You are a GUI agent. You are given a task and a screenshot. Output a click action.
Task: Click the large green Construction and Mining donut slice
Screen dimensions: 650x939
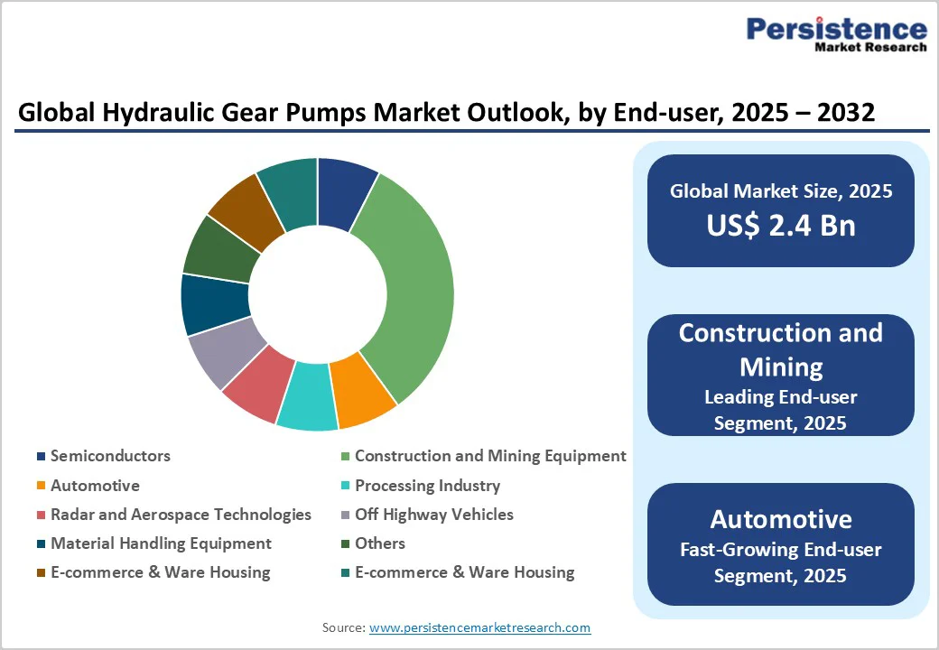coord(411,289)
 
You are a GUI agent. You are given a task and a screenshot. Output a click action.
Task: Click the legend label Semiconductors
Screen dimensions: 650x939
coord(110,456)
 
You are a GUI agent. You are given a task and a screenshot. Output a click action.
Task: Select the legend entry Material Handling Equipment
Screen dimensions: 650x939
coord(161,543)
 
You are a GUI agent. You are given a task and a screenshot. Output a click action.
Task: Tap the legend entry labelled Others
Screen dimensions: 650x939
coord(380,543)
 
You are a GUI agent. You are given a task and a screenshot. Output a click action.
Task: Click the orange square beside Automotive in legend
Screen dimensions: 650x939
coord(42,487)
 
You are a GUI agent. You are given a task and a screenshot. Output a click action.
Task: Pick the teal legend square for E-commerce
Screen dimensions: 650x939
coord(346,573)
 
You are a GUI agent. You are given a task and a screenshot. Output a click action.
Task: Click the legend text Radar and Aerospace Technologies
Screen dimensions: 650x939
coord(181,515)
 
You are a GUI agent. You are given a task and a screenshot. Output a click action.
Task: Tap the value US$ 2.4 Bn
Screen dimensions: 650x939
coord(781,225)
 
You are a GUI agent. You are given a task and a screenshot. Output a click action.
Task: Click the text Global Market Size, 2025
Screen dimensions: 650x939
coord(781,190)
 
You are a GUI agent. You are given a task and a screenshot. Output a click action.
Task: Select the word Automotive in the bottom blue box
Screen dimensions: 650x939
coord(781,519)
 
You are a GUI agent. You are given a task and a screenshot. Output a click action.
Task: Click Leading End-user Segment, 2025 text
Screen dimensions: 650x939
coord(781,409)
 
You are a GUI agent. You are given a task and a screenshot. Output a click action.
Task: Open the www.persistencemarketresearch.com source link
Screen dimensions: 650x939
coord(479,627)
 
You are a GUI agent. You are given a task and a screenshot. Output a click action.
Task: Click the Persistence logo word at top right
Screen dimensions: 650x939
coord(836,29)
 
